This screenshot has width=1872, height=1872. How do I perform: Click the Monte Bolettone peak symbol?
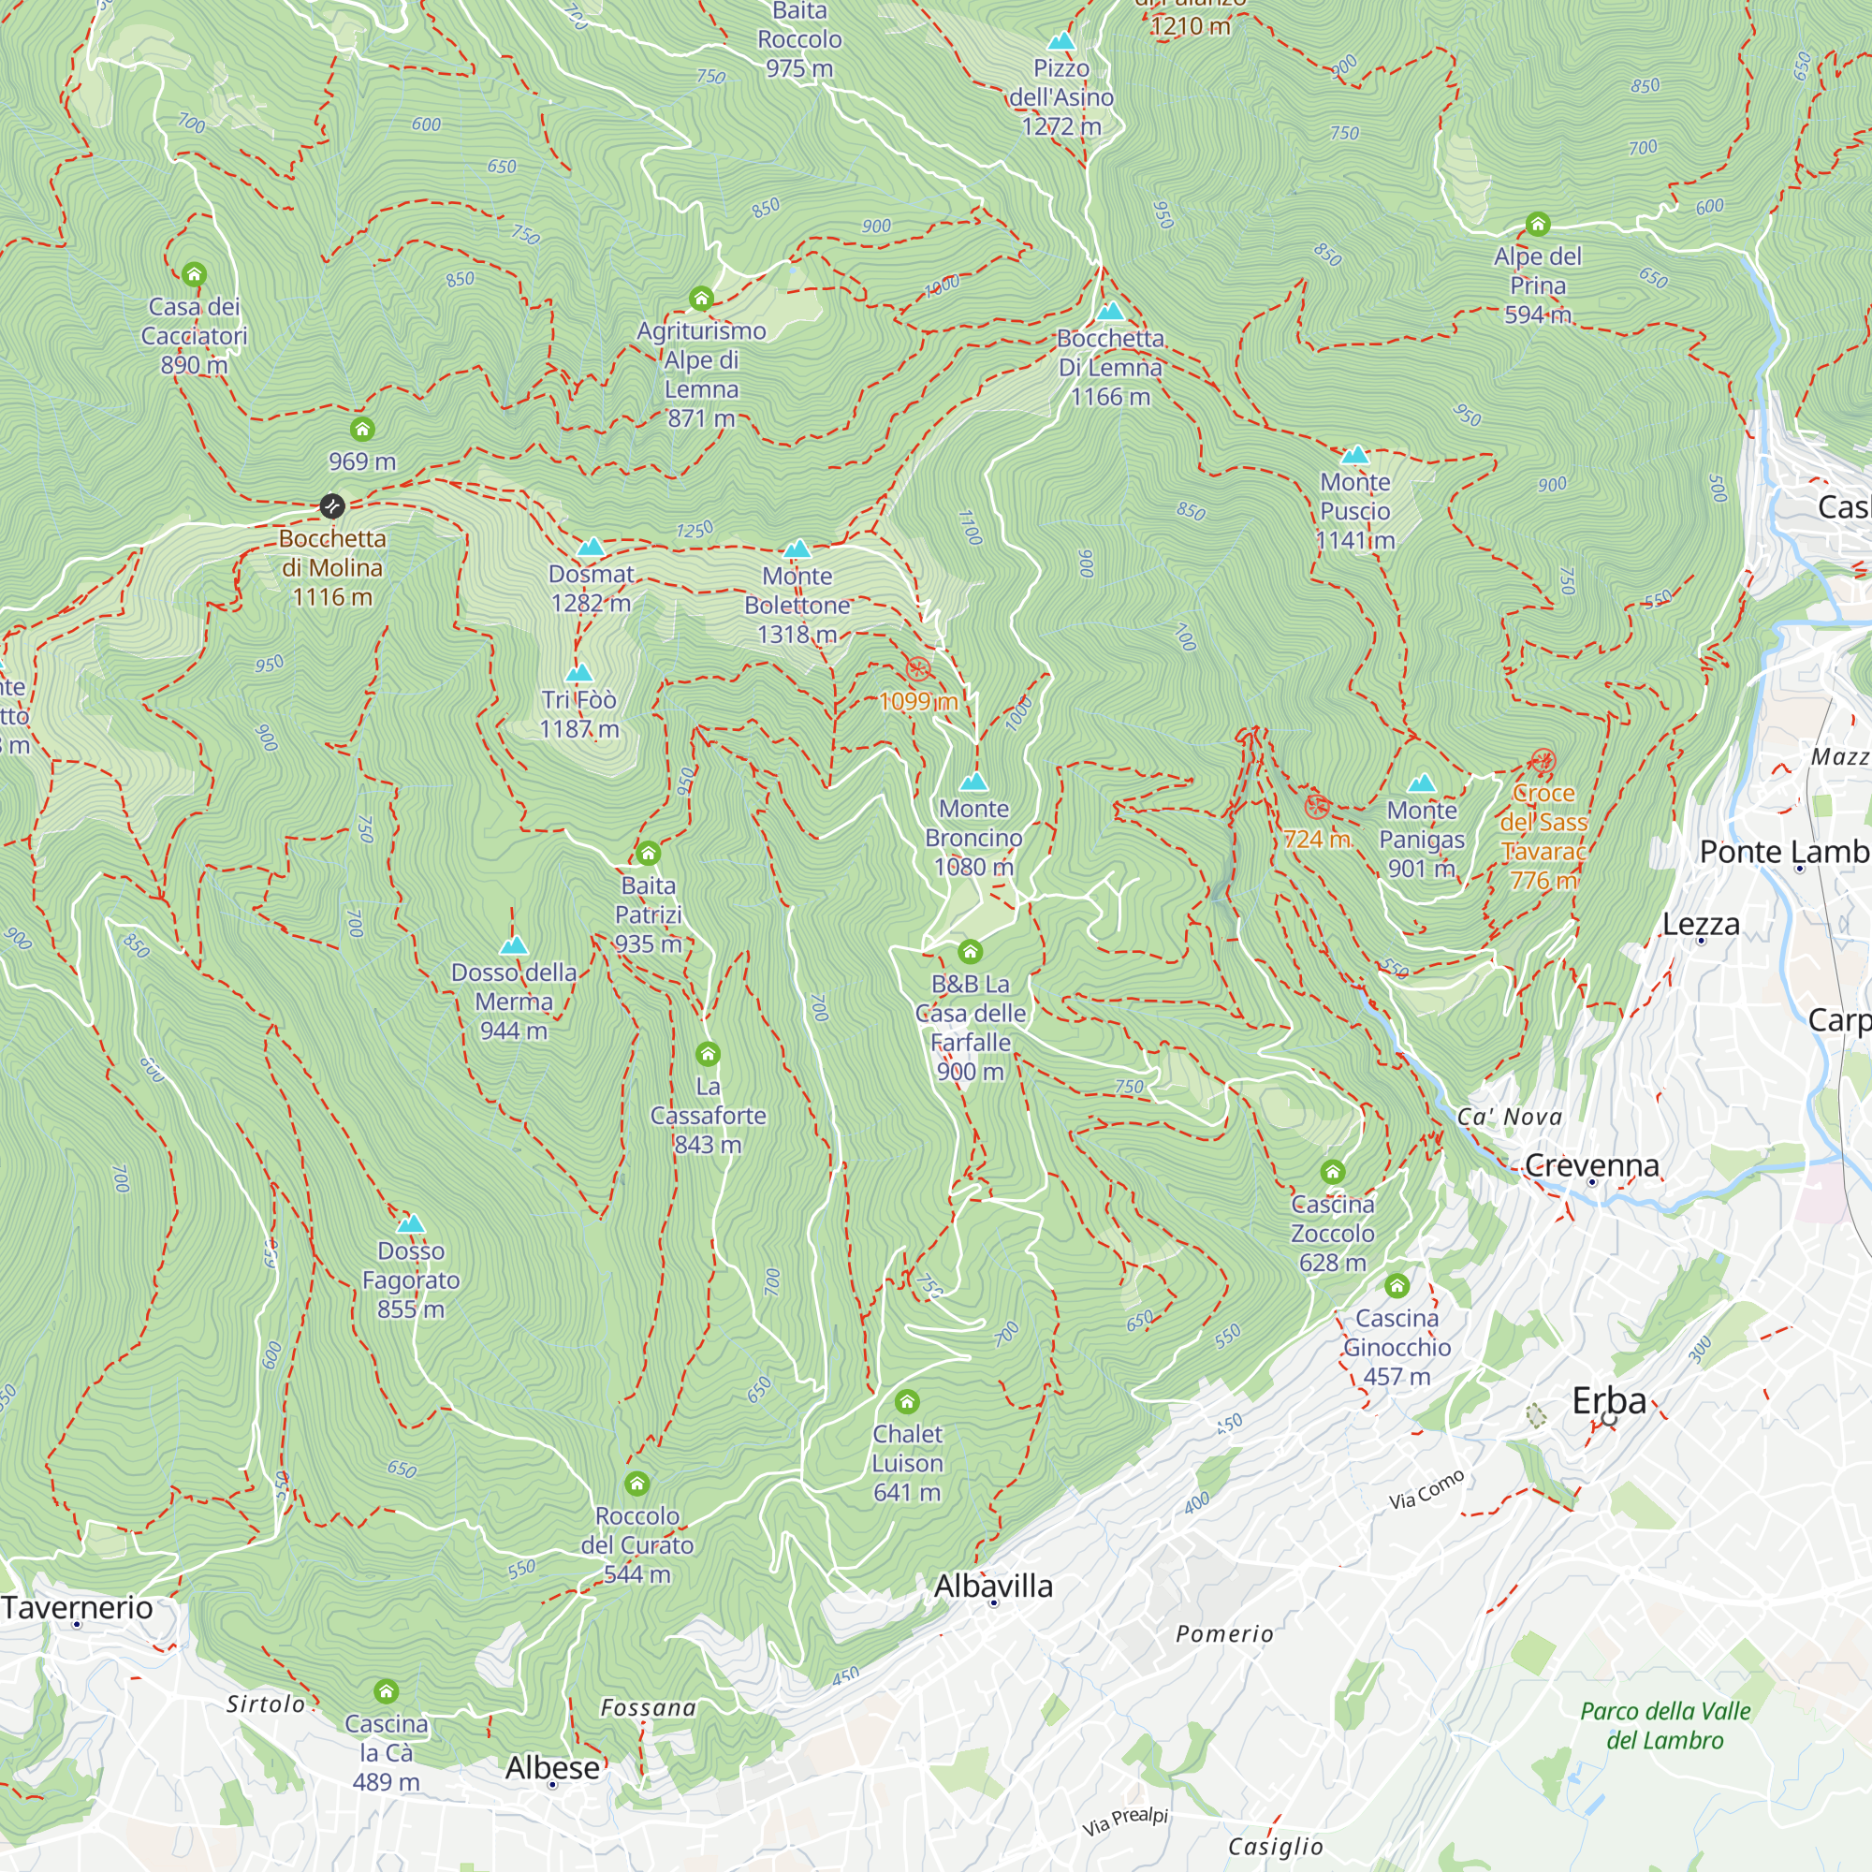797,549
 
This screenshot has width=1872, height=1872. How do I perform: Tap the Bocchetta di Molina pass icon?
331,505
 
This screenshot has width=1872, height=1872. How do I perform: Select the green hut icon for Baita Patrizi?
649,854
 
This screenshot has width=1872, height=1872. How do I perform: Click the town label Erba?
1608,1401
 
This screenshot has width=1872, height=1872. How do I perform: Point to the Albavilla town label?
993,1587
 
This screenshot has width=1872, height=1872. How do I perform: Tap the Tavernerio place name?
78,1607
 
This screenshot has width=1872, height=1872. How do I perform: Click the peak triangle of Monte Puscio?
1354,455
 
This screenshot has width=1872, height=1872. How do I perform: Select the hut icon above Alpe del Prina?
1538,225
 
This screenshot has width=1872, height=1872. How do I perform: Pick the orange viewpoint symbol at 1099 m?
917,668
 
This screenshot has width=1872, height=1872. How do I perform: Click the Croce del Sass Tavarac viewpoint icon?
1543,761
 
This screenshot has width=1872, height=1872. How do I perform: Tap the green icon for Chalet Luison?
907,1402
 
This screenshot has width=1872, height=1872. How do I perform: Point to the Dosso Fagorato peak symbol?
411,1223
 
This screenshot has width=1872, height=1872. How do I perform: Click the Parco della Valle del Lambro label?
1664,1726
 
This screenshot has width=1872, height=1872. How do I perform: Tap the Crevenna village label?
1591,1164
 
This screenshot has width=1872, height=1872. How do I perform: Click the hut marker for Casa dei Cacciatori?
194,274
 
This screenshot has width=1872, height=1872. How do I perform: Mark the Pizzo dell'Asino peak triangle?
1061,40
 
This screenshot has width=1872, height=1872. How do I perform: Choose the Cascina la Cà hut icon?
386,1691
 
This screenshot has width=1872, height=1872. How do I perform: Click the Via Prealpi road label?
1125,1821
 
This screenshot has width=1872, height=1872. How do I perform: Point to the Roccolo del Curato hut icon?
636,1484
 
